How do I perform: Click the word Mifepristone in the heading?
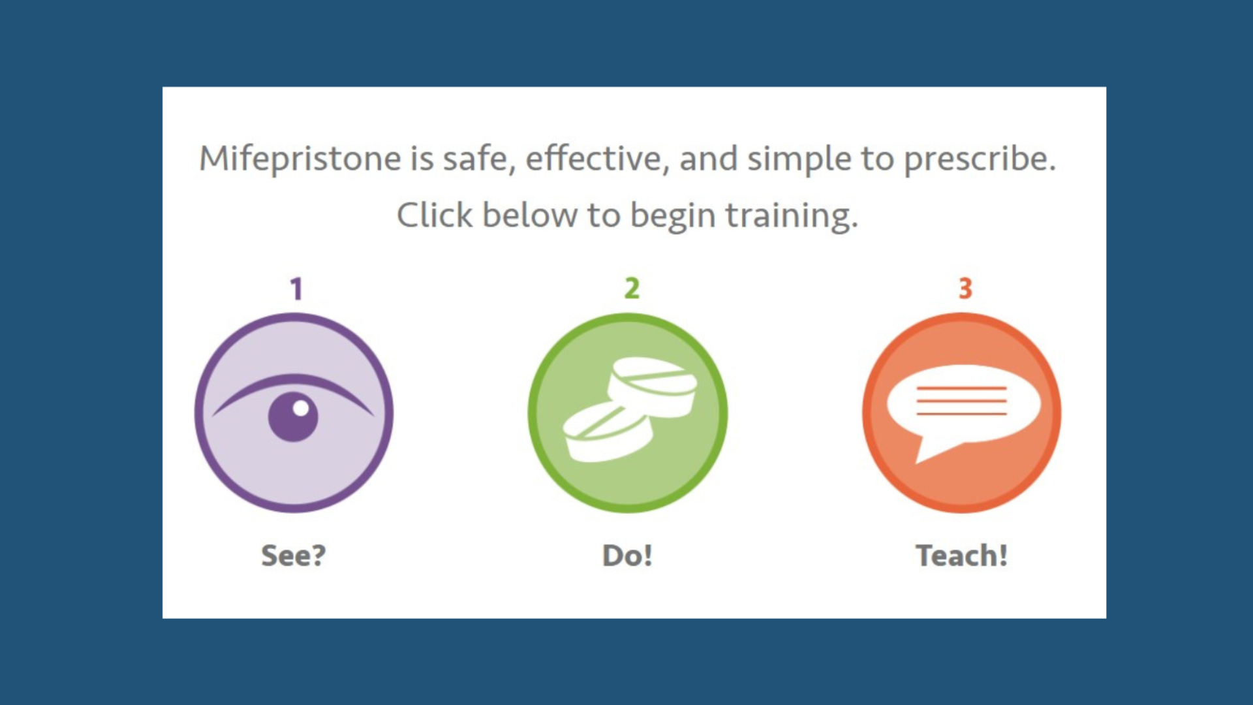tap(300, 159)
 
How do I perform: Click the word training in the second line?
tap(792, 216)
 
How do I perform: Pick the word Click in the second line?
tap(435, 215)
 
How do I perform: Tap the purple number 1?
tap(297, 289)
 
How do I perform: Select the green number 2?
tap(632, 288)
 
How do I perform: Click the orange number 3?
tap(965, 288)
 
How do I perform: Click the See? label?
tap(293, 556)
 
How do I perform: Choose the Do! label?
tap(627, 556)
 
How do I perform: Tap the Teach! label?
tap(962, 556)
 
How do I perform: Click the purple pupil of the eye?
tap(293, 418)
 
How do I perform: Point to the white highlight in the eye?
tap(301, 408)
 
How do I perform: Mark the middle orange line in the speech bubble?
tap(962, 401)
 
